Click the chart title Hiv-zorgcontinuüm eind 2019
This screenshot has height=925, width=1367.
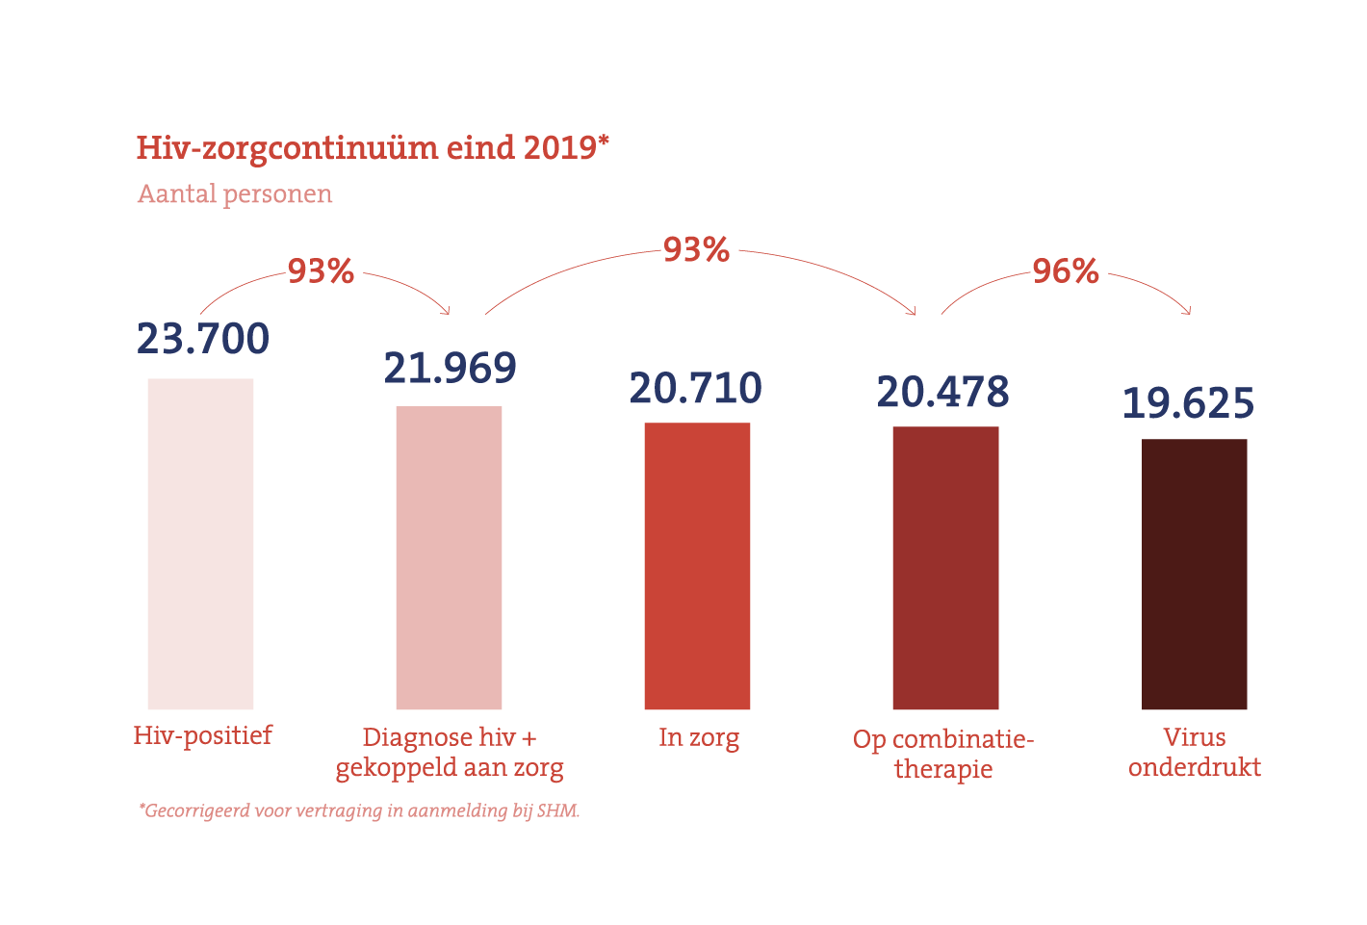(x=373, y=147)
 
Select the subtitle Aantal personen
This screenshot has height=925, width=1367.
(x=235, y=193)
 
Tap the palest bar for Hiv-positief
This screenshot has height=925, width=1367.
(x=200, y=544)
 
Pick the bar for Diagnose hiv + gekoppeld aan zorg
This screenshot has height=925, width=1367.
(x=449, y=558)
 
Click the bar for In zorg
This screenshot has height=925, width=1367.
(x=697, y=566)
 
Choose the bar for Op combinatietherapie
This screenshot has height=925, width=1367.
(x=945, y=568)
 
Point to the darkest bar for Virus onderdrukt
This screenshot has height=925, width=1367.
(x=1194, y=575)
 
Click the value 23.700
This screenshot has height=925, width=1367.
(x=203, y=339)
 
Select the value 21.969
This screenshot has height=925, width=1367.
(x=450, y=368)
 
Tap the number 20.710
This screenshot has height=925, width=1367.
(x=696, y=388)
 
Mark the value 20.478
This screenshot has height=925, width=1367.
(x=943, y=392)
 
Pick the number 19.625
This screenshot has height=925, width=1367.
(x=1189, y=403)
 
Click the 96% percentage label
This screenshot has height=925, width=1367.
(x=1066, y=271)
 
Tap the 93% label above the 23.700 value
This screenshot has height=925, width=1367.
(x=321, y=271)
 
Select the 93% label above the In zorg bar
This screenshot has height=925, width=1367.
(x=696, y=250)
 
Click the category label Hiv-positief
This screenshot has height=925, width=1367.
(x=202, y=735)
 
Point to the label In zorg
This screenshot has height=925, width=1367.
(x=699, y=737)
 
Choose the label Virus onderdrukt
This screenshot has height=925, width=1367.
(x=1195, y=752)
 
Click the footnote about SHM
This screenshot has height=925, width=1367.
(x=359, y=810)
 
